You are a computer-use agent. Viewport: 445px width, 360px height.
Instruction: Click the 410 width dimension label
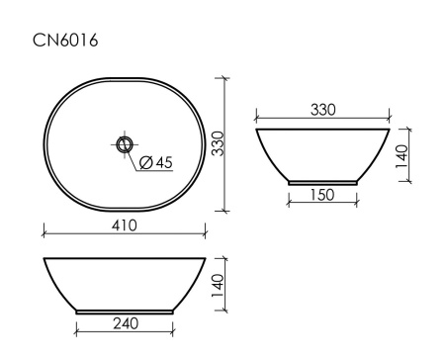tap(124, 226)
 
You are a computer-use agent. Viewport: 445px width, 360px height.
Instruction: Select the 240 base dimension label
tap(125, 322)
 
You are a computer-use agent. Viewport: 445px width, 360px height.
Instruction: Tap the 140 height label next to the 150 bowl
tap(402, 155)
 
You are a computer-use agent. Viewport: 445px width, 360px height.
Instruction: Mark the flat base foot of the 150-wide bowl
tap(321, 182)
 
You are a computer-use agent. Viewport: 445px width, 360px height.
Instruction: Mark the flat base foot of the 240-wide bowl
tap(125, 312)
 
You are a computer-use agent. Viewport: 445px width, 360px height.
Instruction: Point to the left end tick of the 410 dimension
tap(44, 235)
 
